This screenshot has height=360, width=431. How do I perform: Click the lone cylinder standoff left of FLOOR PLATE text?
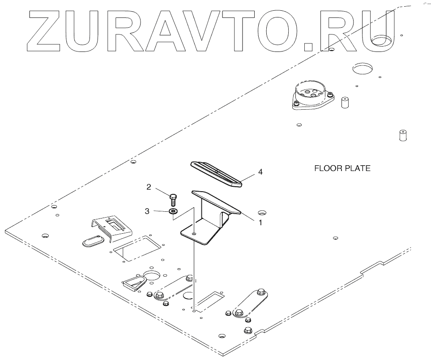345,103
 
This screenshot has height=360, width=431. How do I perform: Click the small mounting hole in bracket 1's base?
193,234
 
